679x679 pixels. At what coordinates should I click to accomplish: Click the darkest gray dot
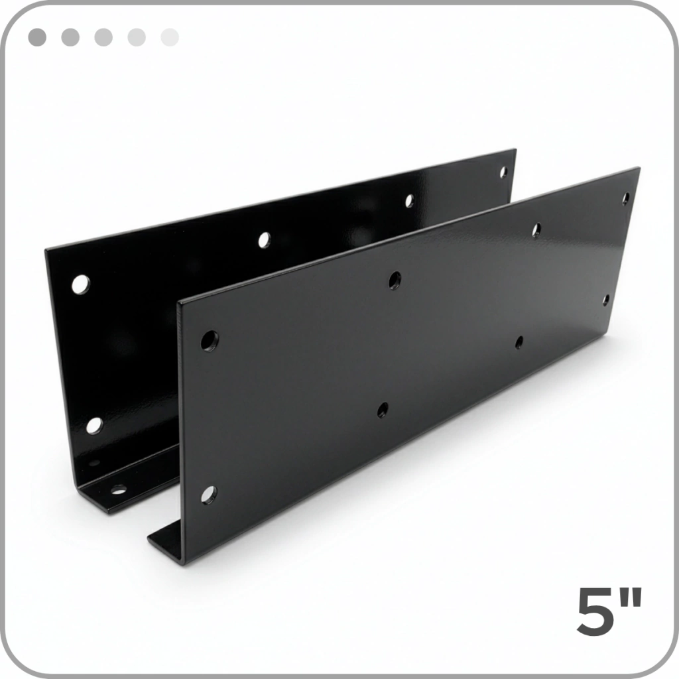coord(37,37)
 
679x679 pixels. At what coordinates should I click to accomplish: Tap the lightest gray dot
coord(170,37)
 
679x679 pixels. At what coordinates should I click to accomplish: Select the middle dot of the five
coord(103,37)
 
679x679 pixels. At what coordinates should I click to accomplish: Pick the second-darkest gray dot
coord(70,37)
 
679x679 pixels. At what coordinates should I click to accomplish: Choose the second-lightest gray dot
coord(137,37)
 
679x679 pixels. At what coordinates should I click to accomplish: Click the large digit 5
coord(595,611)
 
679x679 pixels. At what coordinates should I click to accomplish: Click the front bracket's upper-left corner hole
coord(210,341)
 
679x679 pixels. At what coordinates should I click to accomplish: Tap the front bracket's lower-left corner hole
coord(208,495)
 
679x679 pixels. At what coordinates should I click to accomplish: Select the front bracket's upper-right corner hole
coord(626,199)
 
